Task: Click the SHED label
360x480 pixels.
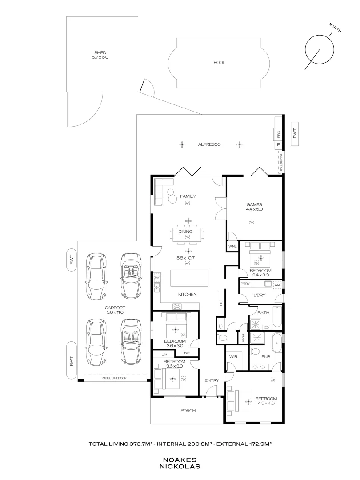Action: (100, 52)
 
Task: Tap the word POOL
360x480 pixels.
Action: (219, 63)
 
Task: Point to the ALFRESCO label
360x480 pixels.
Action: (209, 144)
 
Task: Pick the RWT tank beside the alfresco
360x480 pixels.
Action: (296, 134)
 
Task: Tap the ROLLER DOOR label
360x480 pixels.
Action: (280, 163)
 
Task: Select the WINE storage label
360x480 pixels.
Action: (232, 246)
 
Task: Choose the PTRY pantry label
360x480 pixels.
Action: (244, 284)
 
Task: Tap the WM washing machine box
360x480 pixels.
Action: (277, 284)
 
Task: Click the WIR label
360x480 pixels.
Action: (232, 357)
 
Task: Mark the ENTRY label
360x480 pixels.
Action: (212, 380)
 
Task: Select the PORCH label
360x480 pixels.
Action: (188, 411)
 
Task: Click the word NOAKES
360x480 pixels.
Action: (180, 460)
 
